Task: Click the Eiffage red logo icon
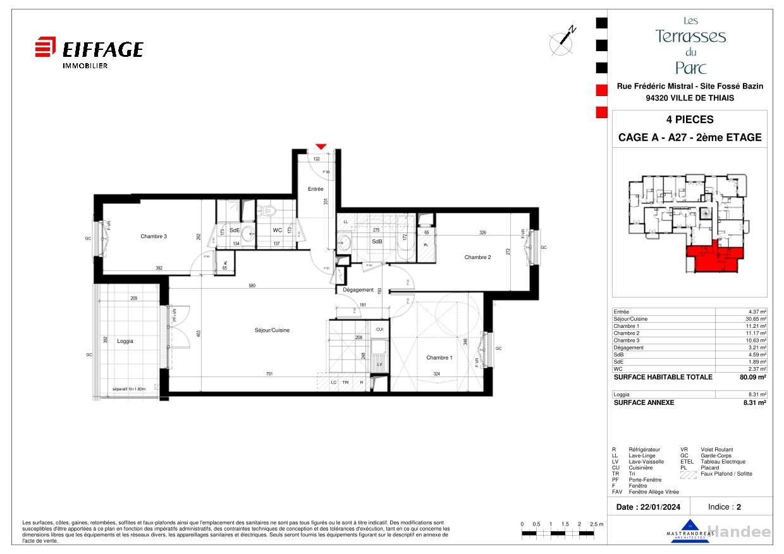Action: tap(46, 47)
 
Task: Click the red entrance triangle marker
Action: tap(321, 147)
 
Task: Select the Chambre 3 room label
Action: tap(154, 236)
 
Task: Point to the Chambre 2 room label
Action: tap(477, 257)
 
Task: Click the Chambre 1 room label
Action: tap(439, 358)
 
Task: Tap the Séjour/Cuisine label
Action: tap(272, 330)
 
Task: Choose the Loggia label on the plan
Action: tap(125, 341)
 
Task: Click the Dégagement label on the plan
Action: tap(358, 290)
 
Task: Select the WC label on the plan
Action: tap(277, 231)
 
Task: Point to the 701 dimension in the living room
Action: tap(269, 374)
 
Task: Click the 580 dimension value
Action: tap(252, 286)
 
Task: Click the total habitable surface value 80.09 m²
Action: tap(754, 377)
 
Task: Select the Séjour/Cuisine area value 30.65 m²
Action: tap(755, 319)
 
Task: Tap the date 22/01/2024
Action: tap(659, 507)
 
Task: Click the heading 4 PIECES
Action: tap(689, 119)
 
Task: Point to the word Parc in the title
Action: tap(690, 68)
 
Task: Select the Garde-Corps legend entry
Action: tap(716, 455)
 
